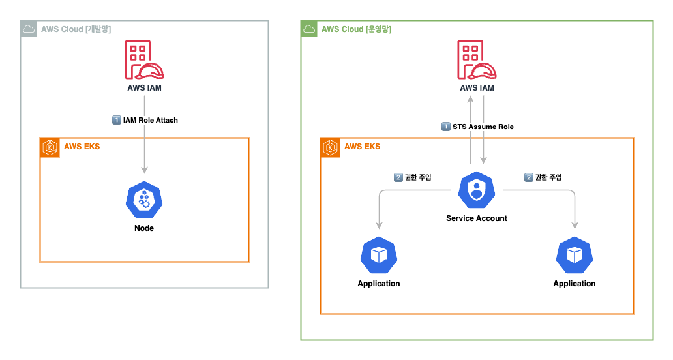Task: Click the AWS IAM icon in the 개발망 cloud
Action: (144, 60)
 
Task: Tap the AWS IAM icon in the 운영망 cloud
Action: (477, 60)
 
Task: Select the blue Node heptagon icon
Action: (144, 200)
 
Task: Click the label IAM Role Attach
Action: (150, 120)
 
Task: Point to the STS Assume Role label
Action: (483, 127)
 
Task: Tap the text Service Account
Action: (477, 218)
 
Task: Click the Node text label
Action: (144, 228)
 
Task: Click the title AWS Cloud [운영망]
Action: (356, 29)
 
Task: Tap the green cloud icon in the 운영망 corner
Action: (308, 29)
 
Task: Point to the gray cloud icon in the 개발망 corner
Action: (28, 29)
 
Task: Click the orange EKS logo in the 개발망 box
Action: (50, 147)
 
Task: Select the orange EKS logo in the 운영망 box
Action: (330, 147)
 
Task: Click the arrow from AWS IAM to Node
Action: (144, 150)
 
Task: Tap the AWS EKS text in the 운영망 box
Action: (362, 147)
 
